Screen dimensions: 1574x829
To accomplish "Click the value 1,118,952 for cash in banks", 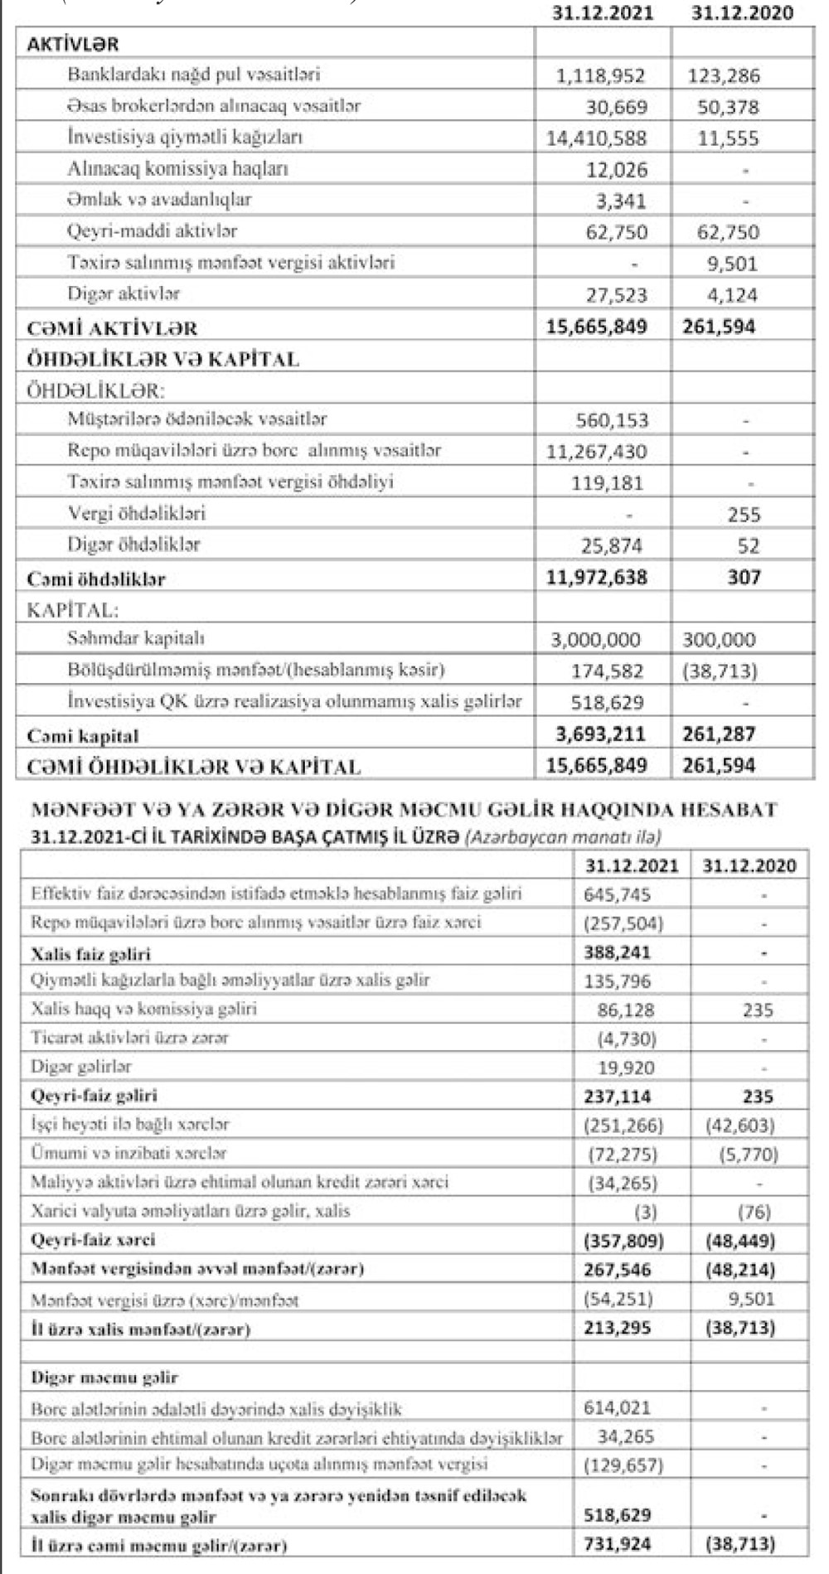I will pos(601,76).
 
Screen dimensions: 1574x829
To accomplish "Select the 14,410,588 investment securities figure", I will pos(596,138).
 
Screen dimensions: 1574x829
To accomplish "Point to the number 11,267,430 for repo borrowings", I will pos(596,452).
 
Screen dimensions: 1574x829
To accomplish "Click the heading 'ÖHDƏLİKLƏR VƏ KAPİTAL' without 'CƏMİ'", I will pos(163,360).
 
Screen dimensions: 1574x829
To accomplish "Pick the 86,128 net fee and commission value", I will pos(626,1010).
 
